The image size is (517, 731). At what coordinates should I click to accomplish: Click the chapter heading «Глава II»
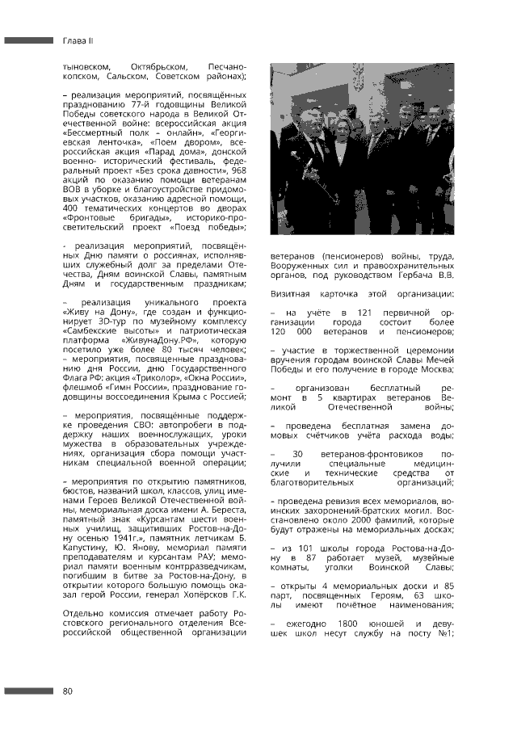pyautogui.click(x=78, y=40)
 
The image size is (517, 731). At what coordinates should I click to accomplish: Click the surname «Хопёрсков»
pyautogui.click(x=207, y=595)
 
